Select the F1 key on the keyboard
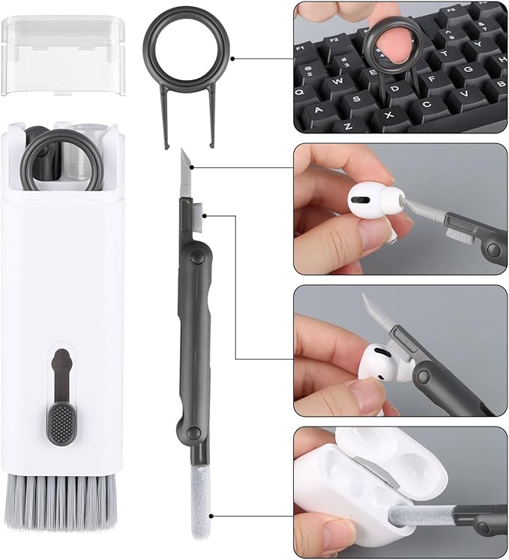pos(304,48)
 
